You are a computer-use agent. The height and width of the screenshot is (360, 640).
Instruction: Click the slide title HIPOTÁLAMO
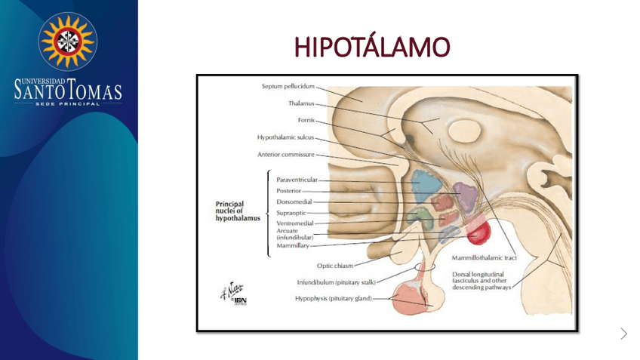[371, 48]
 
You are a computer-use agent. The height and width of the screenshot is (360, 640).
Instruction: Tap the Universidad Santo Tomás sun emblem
[68, 41]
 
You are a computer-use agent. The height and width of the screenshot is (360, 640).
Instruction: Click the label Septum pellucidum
[288, 86]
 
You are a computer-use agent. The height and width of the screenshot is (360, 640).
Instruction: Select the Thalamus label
[300, 103]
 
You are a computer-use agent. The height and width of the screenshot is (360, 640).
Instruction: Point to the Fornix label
[306, 120]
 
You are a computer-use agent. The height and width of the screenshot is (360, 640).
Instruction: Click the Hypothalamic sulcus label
[285, 137]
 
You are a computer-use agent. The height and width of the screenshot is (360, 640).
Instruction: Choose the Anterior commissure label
[285, 155]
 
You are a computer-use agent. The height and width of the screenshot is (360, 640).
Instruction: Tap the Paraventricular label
[297, 180]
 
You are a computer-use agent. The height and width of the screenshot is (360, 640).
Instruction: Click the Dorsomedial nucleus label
[294, 202]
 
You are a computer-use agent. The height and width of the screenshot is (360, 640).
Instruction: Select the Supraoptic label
[291, 212]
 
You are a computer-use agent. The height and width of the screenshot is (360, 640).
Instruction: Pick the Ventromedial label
[295, 223]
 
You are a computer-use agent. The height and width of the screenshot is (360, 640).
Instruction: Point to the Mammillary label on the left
[293, 245]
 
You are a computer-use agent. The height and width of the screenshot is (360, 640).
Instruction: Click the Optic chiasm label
[334, 266]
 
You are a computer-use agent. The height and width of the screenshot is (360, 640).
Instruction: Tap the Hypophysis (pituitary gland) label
[333, 298]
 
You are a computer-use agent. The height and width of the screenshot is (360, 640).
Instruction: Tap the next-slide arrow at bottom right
[623, 334]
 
